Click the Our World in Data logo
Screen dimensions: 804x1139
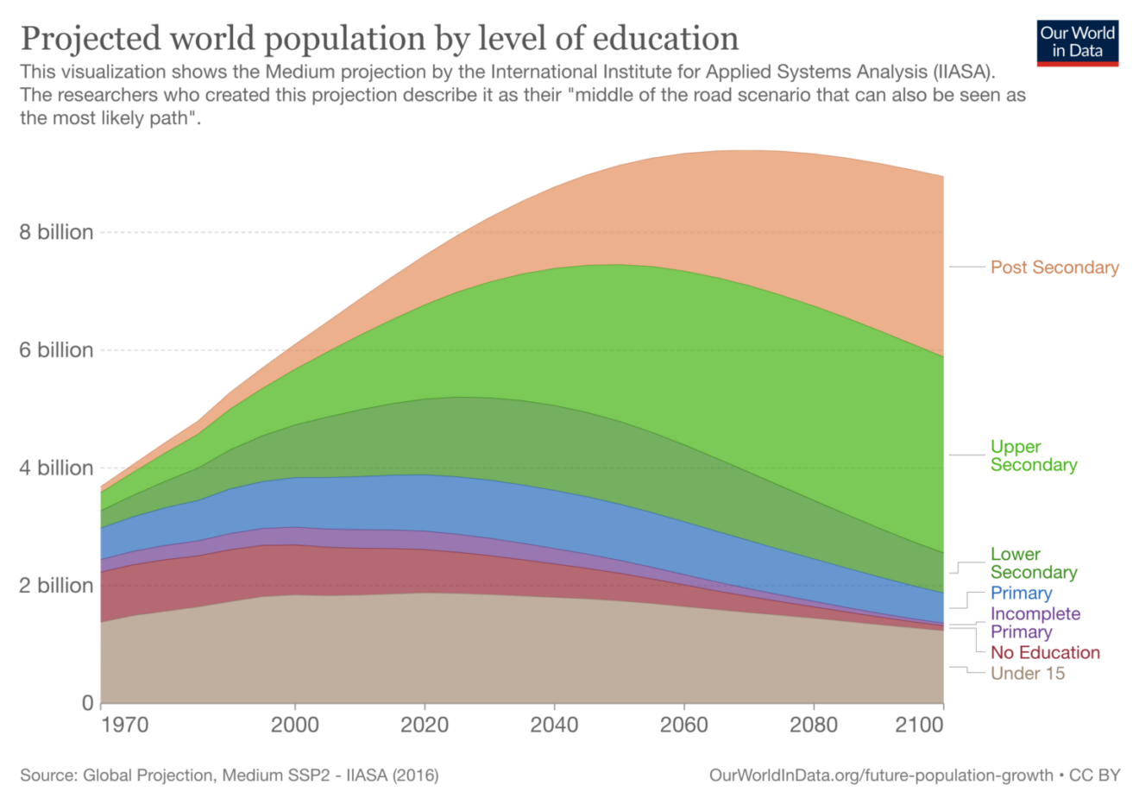click(1078, 42)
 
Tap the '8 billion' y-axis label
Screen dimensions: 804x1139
click(56, 232)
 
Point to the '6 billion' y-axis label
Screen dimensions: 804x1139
click(56, 350)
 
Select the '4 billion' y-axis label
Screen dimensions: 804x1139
click(56, 468)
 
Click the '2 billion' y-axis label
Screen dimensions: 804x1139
click(56, 586)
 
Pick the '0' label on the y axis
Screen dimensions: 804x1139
click(87, 703)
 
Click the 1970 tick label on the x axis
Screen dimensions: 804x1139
click(124, 725)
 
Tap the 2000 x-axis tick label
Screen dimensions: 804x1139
click(294, 725)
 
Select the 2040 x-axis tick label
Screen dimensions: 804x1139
click(554, 725)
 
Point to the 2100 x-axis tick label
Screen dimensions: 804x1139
click(919, 725)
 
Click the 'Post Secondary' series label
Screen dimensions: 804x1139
click(1054, 267)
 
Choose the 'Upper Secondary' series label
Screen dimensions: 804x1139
click(1033, 455)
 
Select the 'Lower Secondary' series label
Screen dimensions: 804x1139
click(1033, 563)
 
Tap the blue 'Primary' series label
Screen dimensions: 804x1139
click(1021, 594)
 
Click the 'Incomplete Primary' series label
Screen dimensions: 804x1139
click(1035, 623)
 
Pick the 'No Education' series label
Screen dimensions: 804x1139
click(1044, 653)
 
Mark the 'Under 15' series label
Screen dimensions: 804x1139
click(1027, 674)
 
